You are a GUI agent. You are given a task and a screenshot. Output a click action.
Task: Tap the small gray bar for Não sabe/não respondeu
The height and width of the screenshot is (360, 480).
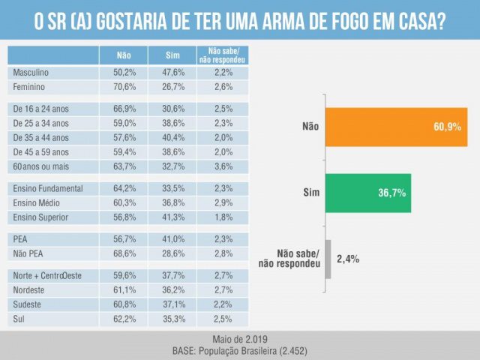328,259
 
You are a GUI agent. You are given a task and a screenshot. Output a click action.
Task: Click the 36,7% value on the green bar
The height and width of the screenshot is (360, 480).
391,193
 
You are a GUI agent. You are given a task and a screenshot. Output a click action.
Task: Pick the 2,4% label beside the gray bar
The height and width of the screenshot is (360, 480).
348,259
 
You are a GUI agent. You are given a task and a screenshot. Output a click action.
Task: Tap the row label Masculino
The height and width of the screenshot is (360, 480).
31,73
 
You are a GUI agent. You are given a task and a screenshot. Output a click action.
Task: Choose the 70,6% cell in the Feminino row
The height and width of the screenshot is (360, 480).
124,87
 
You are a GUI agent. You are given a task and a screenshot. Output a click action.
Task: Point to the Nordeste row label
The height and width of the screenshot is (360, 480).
31,290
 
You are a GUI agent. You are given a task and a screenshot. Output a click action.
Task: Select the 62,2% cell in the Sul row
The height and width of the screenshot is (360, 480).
124,319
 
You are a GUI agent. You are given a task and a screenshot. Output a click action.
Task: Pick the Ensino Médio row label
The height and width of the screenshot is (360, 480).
38,203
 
